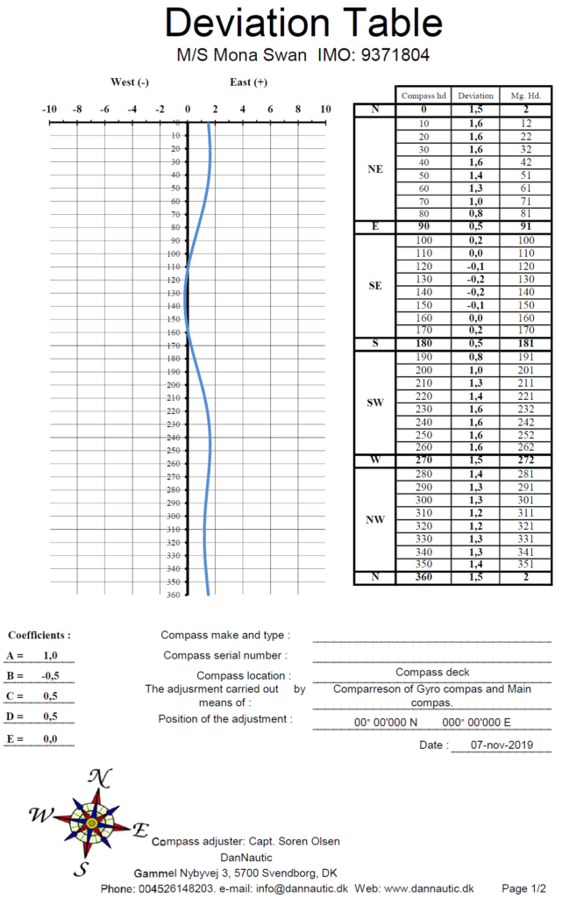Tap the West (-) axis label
129,82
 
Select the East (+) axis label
248,82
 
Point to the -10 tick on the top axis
49,109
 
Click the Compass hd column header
424,95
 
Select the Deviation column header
476,95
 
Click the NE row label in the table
374,169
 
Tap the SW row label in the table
374,403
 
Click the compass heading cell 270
424,460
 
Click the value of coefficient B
50,676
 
